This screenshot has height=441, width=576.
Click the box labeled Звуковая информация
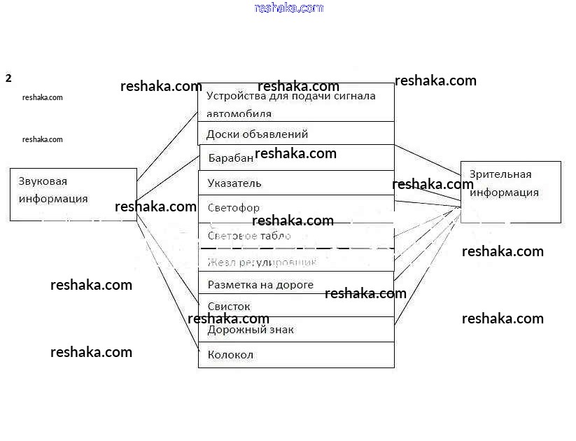click(73, 194)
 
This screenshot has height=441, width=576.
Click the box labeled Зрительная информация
click(510, 192)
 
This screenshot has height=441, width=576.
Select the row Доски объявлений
click(296, 134)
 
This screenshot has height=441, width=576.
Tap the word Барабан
click(231, 158)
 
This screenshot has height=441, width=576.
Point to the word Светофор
click(233, 208)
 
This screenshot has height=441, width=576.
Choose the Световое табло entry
click(249, 236)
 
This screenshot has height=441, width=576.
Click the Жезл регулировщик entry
click(262, 262)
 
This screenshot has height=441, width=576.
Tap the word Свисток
click(229, 307)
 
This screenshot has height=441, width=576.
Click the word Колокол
click(230, 355)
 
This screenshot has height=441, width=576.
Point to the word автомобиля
click(239, 113)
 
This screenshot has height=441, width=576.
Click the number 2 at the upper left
click(8, 78)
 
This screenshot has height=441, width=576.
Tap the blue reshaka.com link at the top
click(289, 8)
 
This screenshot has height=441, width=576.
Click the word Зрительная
click(500, 174)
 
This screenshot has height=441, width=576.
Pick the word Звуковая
click(43, 181)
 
